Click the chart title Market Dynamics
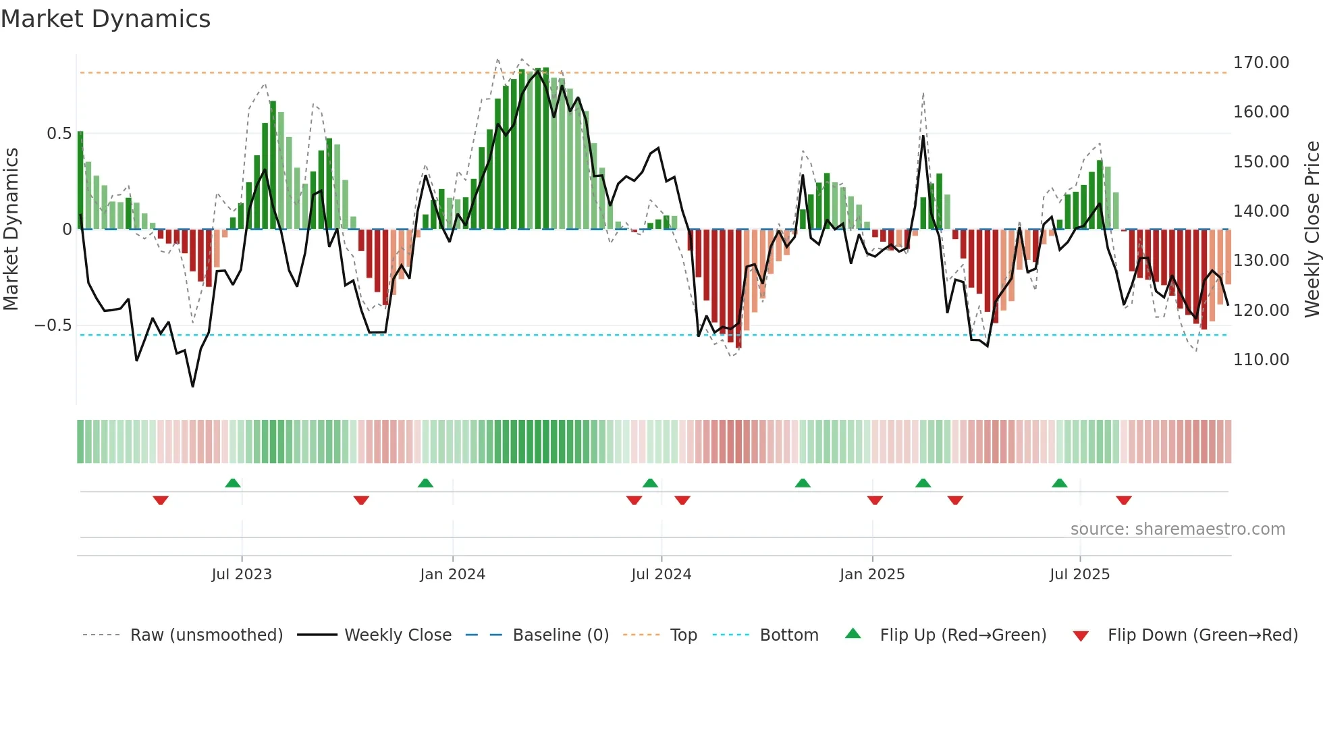[105, 19]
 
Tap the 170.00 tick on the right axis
[1261, 63]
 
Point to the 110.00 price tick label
[1261, 360]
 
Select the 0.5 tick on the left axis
[59, 134]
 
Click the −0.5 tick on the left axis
[53, 325]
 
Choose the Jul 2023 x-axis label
[242, 575]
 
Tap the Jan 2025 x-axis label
[872, 575]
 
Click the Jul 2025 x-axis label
[1079, 575]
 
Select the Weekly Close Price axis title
[1312, 229]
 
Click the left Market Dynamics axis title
[11, 229]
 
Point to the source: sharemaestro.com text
[1177, 529]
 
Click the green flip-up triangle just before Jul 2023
[233, 483]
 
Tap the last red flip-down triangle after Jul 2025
[1124, 500]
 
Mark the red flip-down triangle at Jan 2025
[875, 500]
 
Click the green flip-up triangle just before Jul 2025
[1060, 483]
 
